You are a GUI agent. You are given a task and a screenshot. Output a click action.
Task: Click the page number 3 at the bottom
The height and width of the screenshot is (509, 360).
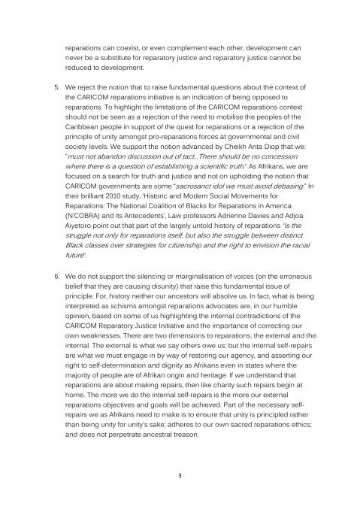click(180, 475)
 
